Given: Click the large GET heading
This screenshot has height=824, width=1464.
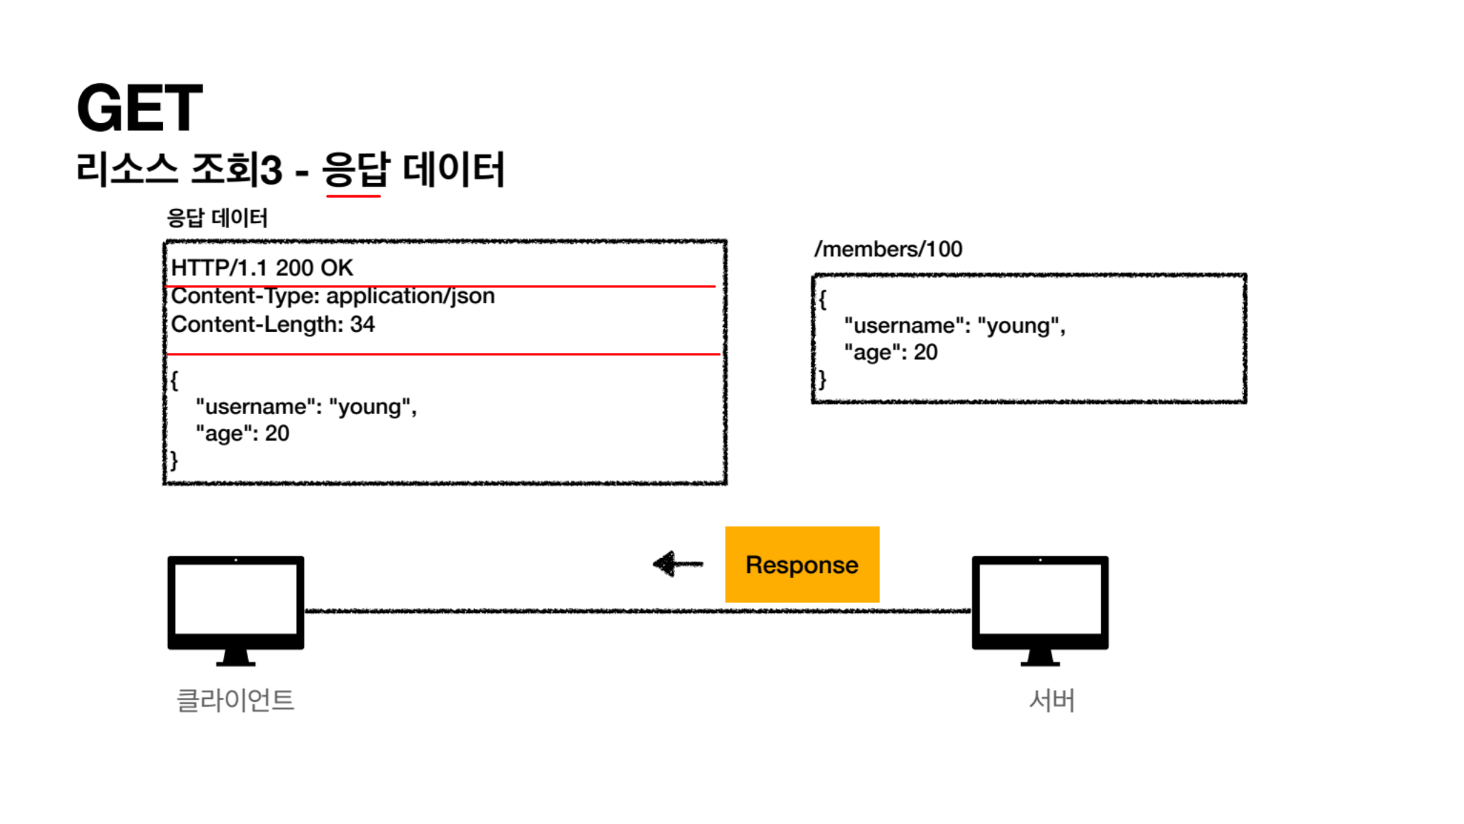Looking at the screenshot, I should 139,108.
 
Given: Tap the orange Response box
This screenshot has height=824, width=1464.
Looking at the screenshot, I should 801,564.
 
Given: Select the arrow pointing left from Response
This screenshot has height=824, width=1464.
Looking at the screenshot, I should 678,564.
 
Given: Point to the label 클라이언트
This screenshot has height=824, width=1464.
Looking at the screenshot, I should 235,700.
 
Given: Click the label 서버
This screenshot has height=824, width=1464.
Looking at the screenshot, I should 1052,700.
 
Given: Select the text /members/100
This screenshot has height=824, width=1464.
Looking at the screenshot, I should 888,249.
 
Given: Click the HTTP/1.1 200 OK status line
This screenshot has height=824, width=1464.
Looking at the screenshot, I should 262,268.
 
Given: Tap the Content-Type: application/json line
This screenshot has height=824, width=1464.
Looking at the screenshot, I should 332,296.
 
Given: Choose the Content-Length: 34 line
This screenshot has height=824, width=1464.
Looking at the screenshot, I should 272,325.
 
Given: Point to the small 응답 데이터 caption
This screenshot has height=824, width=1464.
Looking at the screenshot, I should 217,218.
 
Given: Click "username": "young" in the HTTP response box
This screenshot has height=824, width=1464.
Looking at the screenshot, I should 306,406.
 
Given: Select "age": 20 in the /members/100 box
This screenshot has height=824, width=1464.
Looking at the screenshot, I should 891,352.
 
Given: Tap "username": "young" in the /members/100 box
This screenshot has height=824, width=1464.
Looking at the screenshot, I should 954,325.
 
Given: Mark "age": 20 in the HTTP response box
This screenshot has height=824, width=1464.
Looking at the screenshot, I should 242,433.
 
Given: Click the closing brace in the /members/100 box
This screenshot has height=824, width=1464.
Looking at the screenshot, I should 823,379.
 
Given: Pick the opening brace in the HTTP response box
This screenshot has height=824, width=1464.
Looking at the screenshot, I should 174,380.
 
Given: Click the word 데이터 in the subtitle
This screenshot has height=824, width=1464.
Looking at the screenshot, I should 453,170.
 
